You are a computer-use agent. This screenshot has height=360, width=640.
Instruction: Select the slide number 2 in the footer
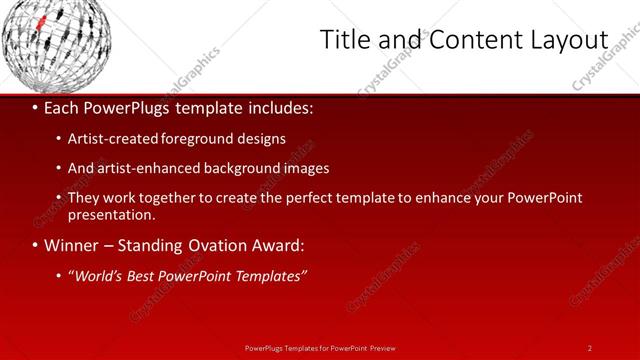[x=589, y=348]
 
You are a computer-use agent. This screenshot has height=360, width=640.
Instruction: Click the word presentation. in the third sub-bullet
[x=111, y=214]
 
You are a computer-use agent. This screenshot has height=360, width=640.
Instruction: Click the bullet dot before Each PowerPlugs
[x=35, y=108]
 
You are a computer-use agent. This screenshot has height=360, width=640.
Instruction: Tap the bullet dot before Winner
[x=35, y=245]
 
